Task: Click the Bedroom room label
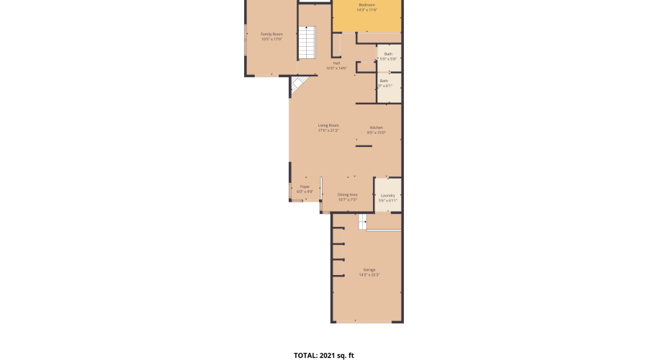[x=367, y=4]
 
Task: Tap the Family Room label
[x=271, y=34]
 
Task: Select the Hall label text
[x=336, y=63]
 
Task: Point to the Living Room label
[x=328, y=125]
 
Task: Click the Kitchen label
[x=377, y=127]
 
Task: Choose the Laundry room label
[x=388, y=195]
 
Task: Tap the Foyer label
[x=305, y=186]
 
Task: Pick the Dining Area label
[x=348, y=194]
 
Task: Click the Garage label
[x=369, y=269]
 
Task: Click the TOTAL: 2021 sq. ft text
[x=324, y=355]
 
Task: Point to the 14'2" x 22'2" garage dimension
[x=369, y=275]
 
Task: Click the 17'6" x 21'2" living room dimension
[x=328, y=131]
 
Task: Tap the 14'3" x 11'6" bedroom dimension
[x=367, y=10]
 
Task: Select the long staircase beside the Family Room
[x=307, y=43]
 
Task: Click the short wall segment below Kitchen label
[x=364, y=146]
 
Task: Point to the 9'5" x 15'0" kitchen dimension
[x=377, y=133]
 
